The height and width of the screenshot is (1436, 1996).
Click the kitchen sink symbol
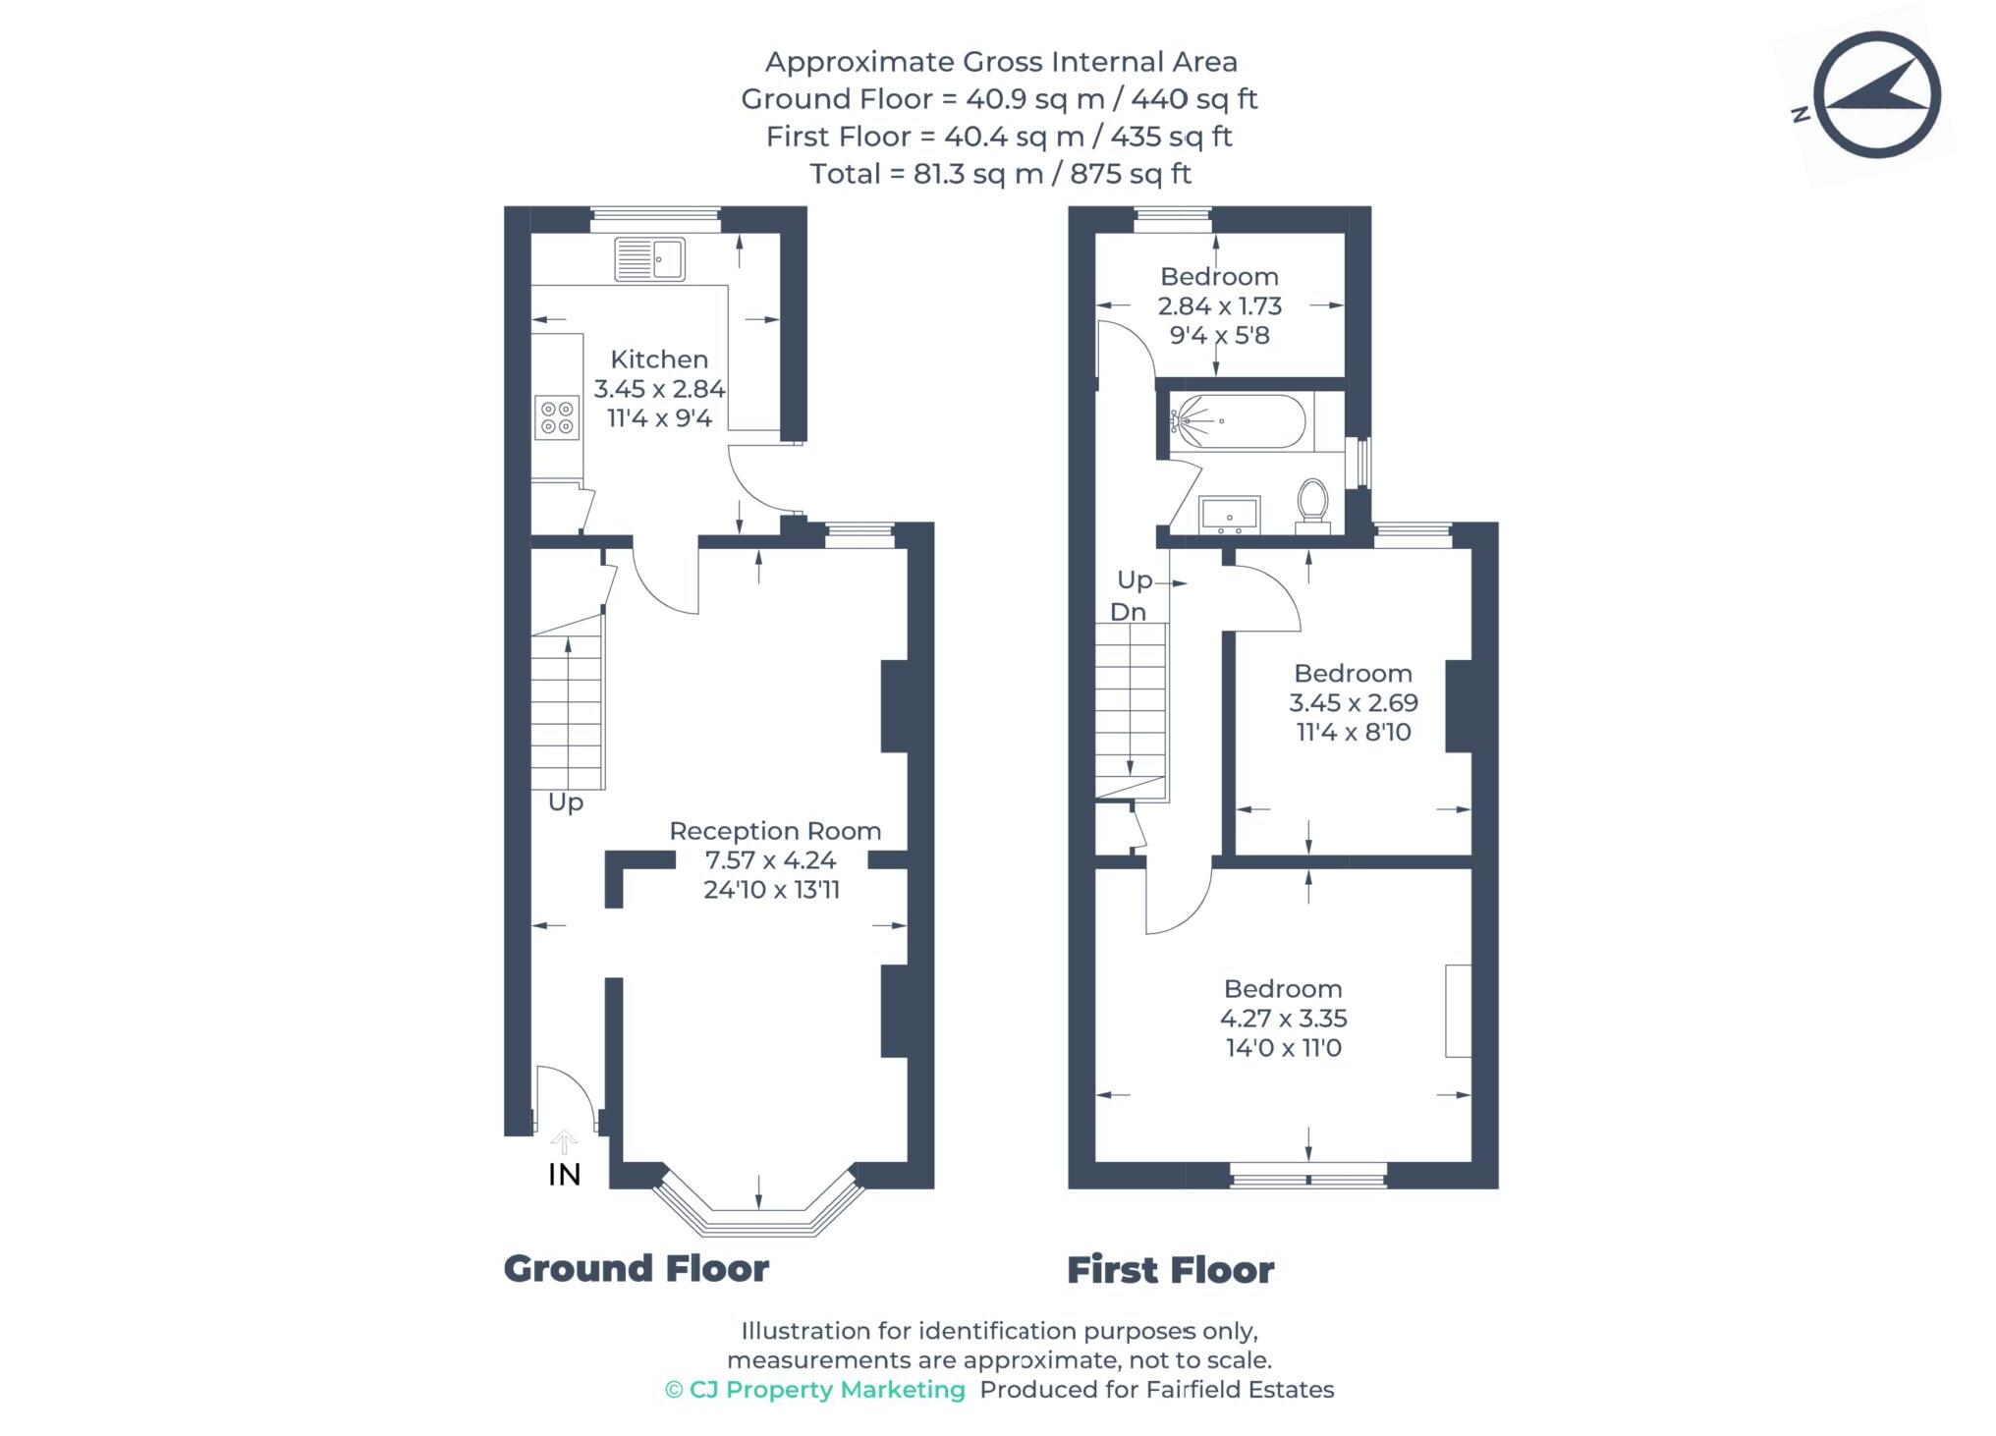click(x=649, y=259)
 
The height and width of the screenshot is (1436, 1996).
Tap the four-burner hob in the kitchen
click(x=556, y=416)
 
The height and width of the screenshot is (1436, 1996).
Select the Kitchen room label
click(x=659, y=359)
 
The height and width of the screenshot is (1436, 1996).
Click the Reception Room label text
click(x=775, y=831)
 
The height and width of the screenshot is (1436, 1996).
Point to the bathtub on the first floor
click(x=1240, y=421)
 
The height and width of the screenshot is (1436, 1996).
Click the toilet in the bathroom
click(x=1312, y=503)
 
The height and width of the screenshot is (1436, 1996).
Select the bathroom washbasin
click(x=1229, y=515)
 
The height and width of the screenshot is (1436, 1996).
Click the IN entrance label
click(x=565, y=1175)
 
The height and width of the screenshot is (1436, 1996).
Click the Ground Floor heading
click(x=636, y=1269)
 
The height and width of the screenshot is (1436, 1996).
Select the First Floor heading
click(x=1170, y=1270)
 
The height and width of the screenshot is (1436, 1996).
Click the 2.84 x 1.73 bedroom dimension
click(x=1219, y=306)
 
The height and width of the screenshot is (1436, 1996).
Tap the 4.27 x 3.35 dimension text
click(x=1283, y=1019)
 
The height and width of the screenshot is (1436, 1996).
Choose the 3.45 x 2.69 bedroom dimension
click(x=1353, y=703)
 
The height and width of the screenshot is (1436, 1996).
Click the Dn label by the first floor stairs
click(x=1128, y=612)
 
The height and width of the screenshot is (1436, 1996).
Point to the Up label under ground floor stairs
click(x=566, y=802)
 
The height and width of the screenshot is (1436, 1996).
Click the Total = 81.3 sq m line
click(x=999, y=174)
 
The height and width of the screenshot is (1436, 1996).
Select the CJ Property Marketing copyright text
click(x=815, y=1390)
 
